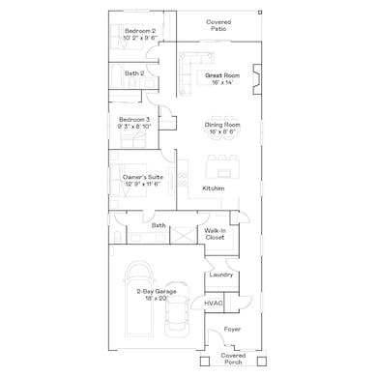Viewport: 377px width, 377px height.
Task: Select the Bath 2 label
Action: [134, 73]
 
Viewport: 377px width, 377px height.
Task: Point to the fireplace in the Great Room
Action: [255, 77]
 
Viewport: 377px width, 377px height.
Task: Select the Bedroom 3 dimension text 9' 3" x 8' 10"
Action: [134, 125]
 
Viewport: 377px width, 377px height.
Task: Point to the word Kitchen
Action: [214, 188]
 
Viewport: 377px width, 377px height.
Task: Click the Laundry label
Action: [219, 275]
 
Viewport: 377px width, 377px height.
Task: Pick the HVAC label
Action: [214, 303]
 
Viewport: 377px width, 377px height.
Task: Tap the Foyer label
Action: [233, 329]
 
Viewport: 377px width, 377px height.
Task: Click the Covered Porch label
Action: [233, 360]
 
